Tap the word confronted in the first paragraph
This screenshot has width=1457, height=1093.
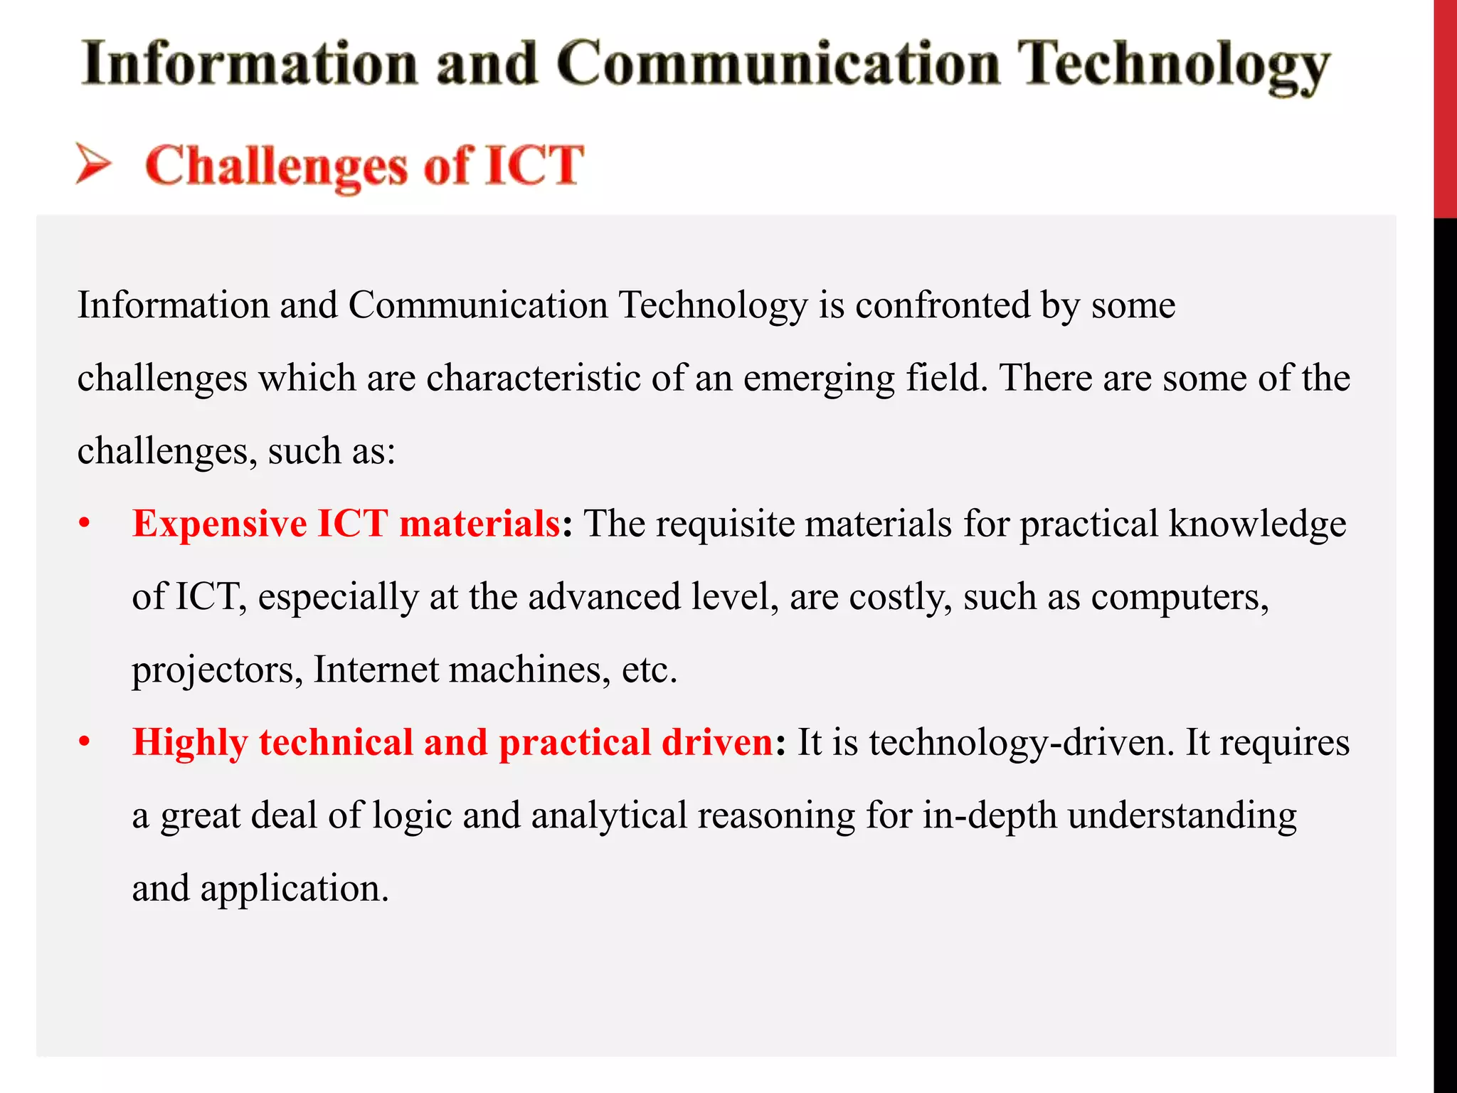[942, 305]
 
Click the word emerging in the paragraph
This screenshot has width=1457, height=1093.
[818, 379]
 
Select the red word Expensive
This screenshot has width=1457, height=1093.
[219, 524]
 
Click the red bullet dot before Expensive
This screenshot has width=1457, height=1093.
[85, 524]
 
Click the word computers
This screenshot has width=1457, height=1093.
[1179, 598]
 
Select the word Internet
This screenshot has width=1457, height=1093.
[376, 670]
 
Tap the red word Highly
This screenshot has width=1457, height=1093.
[190, 744]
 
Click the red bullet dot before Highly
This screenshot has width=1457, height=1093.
[85, 743]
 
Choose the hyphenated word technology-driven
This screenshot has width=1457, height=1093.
[1021, 744]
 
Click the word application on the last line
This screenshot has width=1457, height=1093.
[294, 889]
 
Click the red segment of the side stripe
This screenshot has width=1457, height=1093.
[1444, 107]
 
